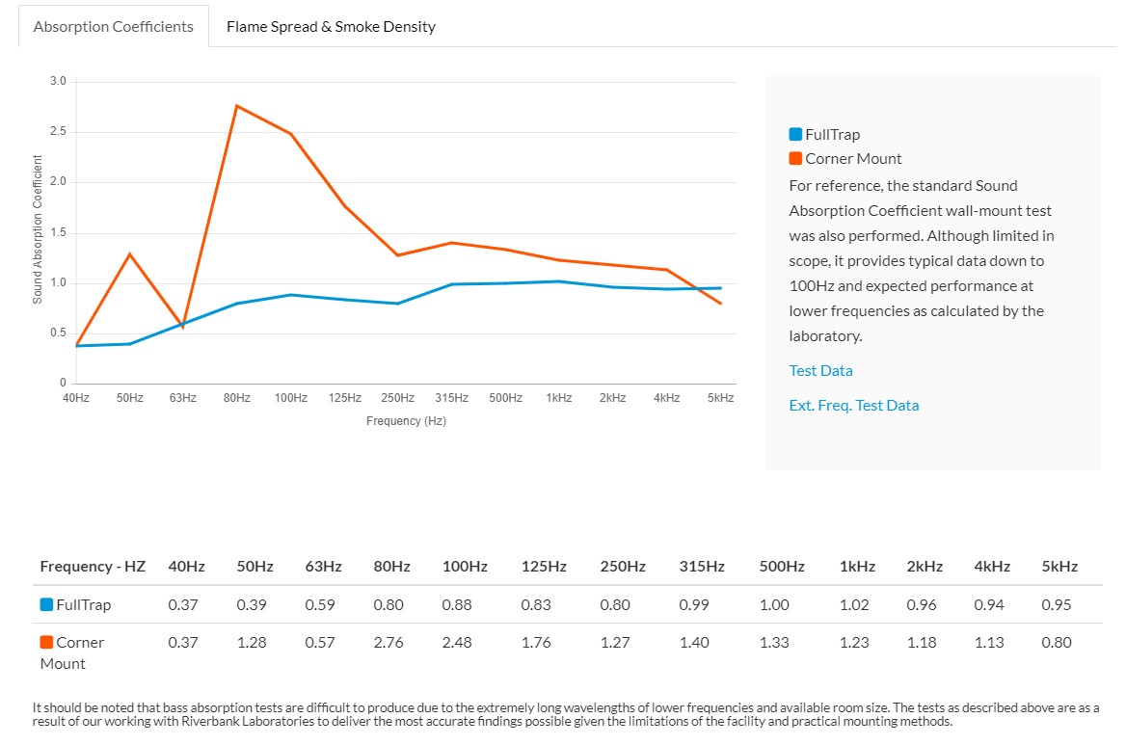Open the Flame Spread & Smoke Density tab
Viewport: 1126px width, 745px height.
coord(331,27)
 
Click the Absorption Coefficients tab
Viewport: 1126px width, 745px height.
coord(114,27)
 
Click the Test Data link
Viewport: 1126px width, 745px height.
coord(820,370)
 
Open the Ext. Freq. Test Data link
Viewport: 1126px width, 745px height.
coord(854,405)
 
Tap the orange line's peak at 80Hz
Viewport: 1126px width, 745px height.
coord(237,106)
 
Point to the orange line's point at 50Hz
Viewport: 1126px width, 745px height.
coord(130,254)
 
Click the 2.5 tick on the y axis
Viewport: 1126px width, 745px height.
coord(58,131)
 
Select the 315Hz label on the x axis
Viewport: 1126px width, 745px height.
coord(452,398)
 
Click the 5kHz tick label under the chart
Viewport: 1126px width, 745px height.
coord(720,398)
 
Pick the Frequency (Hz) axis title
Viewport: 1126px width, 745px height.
coord(407,420)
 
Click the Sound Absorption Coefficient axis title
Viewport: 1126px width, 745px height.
coord(38,229)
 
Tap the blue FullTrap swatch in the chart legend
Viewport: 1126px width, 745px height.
coord(795,134)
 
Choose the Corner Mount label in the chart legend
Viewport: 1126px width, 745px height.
coord(853,159)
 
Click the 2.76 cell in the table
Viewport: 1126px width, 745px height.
coord(389,643)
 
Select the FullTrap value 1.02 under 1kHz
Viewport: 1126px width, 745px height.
coord(854,605)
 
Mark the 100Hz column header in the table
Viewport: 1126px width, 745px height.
coord(465,567)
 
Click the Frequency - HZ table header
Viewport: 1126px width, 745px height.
coord(93,567)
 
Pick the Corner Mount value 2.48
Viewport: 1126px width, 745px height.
coord(457,643)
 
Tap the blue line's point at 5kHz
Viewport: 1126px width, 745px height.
coord(720,288)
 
